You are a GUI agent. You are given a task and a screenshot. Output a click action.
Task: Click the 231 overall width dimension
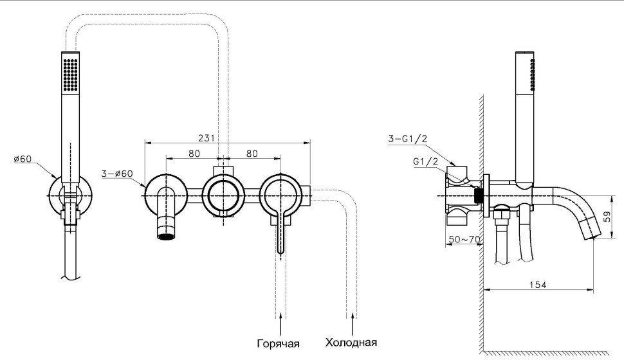pyautogui.click(x=206, y=138)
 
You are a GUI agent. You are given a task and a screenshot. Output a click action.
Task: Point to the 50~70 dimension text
pyautogui.click(x=463, y=240)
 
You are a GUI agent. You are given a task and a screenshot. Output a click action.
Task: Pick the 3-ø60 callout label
pyautogui.click(x=117, y=174)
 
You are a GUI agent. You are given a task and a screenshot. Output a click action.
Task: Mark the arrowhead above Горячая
pyautogui.click(x=281, y=315)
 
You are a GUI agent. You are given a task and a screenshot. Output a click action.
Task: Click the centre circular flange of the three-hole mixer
pyautogui.click(x=223, y=192)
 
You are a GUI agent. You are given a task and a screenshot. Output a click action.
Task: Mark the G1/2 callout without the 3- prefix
pyautogui.click(x=425, y=161)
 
